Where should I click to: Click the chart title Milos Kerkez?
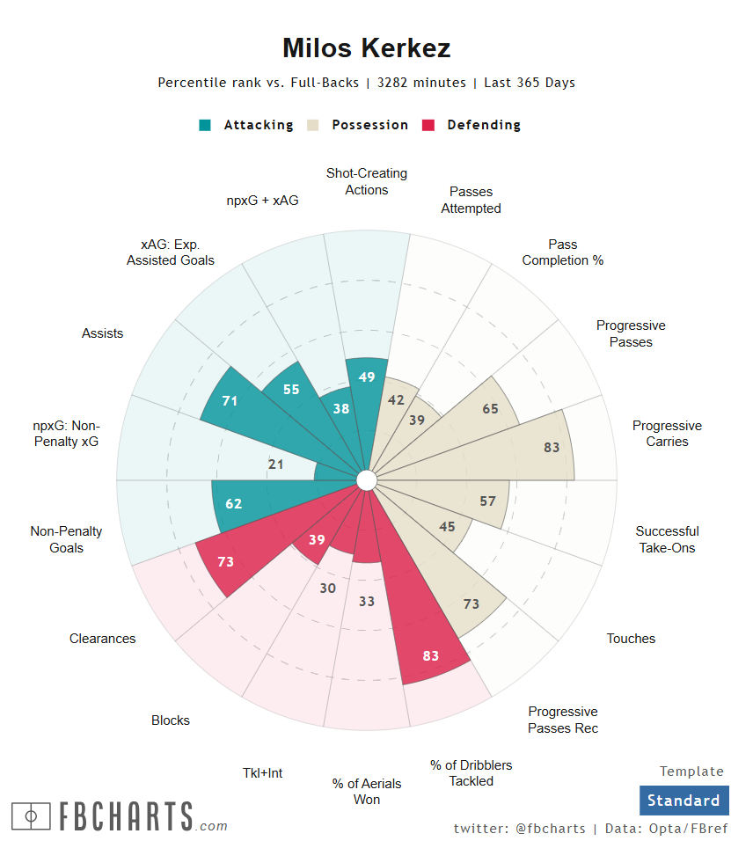[x=366, y=48]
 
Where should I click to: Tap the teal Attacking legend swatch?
[x=205, y=125]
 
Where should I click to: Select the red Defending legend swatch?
[x=429, y=125]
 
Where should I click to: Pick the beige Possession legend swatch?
[x=313, y=125]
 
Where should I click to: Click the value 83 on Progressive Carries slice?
[x=552, y=447]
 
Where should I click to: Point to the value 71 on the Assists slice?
[x=230, y=401]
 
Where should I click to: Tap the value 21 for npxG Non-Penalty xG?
[x=275, y=464]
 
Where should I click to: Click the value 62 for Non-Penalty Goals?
[x=233, y=504]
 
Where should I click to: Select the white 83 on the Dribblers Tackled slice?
[x=431, y=655]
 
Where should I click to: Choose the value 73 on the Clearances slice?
[x=225, y=561]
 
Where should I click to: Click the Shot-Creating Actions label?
[x=367, y=181]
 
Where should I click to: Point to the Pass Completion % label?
[x=563, y=252]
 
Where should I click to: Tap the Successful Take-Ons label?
[x=667, y=539]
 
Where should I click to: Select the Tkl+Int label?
[x=263, y=773]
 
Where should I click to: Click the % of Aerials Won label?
[x=367, y=792]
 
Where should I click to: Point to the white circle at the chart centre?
[x=367, y=479]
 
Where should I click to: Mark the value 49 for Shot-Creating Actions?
[x=368, y=377]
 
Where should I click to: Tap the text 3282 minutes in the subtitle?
[x=421, y=83]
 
